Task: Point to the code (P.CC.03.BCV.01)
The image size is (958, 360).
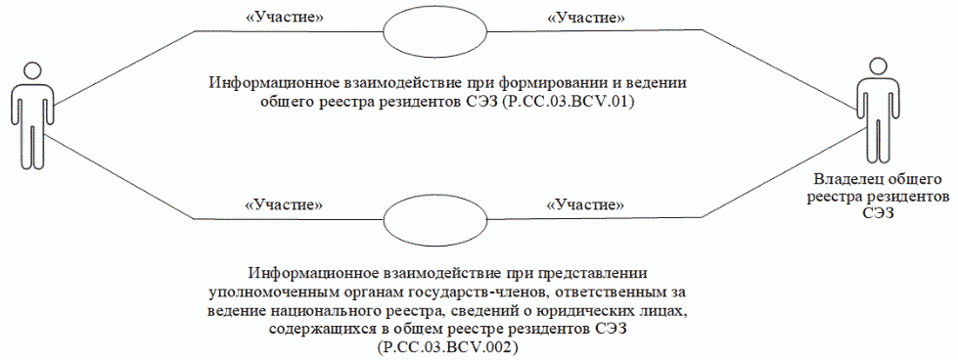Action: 567,101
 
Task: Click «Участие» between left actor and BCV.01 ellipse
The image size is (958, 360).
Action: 283,18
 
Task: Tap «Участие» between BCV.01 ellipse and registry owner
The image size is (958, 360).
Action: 585,18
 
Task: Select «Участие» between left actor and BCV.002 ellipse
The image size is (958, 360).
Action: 284,205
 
